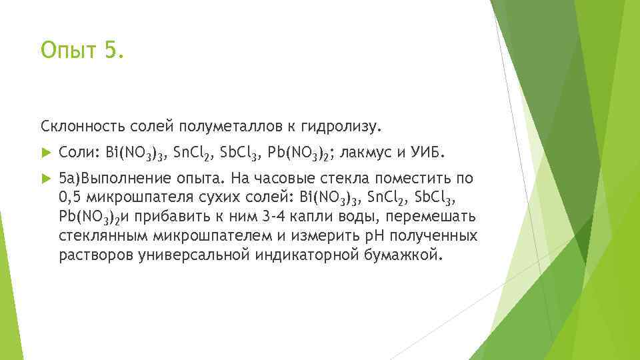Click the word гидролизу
point(344,125)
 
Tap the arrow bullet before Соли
point(45,153)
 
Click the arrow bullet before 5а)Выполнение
point(45,179)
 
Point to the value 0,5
point(70,198)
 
